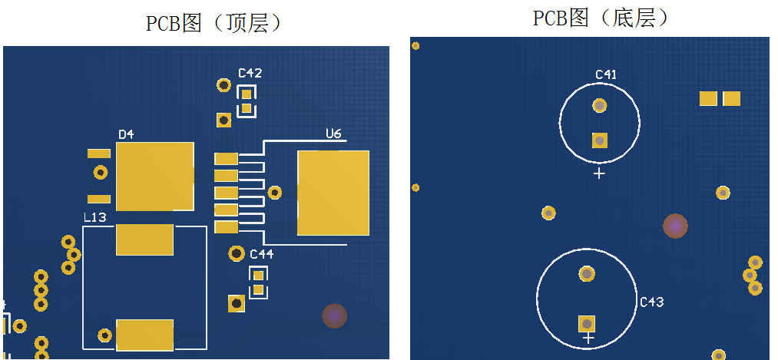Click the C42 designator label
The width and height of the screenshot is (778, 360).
tap(250, 74)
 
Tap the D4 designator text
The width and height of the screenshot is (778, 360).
tap(126, 134)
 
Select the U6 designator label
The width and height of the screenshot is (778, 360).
tap(333, 134)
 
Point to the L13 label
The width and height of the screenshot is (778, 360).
tap(94, 218)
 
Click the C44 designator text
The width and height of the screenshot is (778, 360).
tap(261, 253)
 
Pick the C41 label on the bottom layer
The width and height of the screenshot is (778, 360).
tap(606, 74)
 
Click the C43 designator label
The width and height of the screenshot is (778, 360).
tap(651, 302)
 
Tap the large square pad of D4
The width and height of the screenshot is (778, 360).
tap(154, 176)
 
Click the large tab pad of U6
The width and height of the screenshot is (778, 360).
tap(333, 193)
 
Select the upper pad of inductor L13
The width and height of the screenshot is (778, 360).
tap(144, 239)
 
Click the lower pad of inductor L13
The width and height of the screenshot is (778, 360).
tap(144, 335)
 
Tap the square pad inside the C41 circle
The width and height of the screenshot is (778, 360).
tap(599, 140)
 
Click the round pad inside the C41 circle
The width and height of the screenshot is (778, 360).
tap(599, 105)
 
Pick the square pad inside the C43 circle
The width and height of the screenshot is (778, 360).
tap(587, 323)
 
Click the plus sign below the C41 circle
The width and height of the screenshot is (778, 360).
tap(599, 173)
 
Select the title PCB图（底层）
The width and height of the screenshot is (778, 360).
tap(601, 18)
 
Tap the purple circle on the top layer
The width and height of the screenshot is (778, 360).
tap(334, 315)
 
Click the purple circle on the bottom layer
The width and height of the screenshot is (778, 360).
tap(675, 226)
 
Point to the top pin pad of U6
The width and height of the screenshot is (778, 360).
tap(226, 159)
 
